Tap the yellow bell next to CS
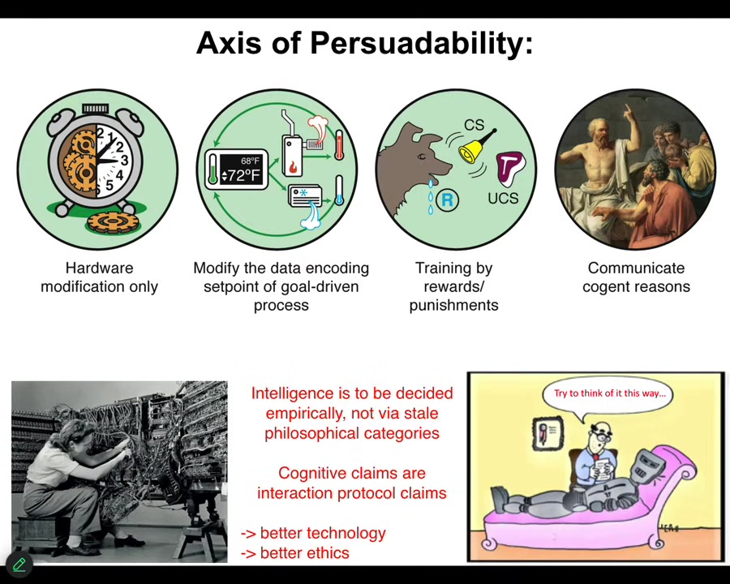click(x=474, y=148)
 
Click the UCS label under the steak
click(x=503, y=198)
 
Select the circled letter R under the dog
click(x=447, y=200)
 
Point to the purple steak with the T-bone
click(x=510, y=168)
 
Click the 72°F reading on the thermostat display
click(x=241, y=175)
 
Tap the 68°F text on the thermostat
click(x=250, y=161)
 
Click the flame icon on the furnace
click(x=293, y=166)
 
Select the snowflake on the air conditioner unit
click(x=303, y=192)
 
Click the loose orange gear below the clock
click(x=112, y=221)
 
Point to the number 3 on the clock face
click(x=124, y=161)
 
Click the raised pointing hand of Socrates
click(x=628, y=111)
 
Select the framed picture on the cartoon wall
click(x=548, y=433)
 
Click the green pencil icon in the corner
click(x=19, y=565)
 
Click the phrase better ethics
click(x=304, y=553)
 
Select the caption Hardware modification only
click(x=99, y=277)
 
